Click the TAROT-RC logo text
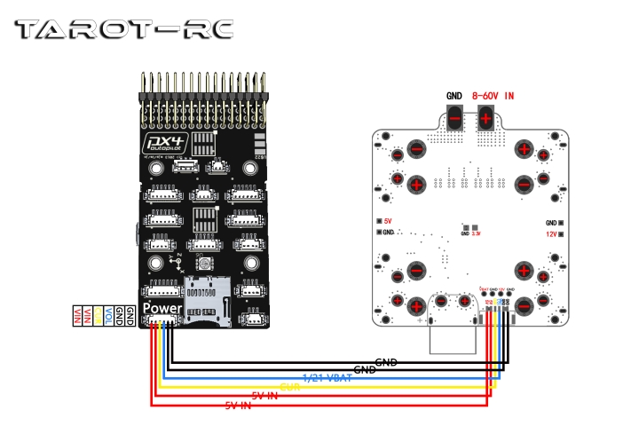pyautogui.click(x=123, y=30)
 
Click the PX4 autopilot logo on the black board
pyautogui.click(x=160, y=146)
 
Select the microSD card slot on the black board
pyautogui.click(x=209, y=300)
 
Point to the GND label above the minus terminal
pyautogui.click(x=454, y=96)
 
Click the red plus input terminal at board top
pyautogui.click(x=485, y=118)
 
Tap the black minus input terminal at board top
pyautogui.click(x=454, y=118)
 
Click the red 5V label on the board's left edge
pyautogui.click(x=387, y=221)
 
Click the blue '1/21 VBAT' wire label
pyautogui.click(x=327, y=378)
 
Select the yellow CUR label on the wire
pyautogui.click(x=289, y=387)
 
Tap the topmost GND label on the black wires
pyautogui.click(x=385, y=361)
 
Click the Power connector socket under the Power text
pyautogui.click(x=162, y=321)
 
